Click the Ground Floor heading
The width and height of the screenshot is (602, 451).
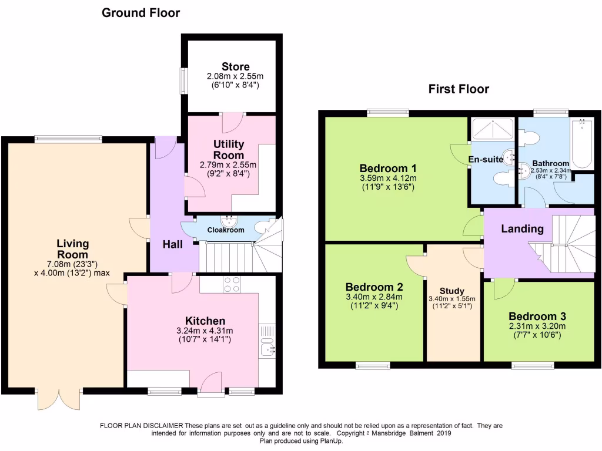(141, 12)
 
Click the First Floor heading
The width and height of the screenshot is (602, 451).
(459, 89)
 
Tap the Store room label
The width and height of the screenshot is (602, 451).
(235, 67)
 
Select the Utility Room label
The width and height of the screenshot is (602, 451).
(229, 150)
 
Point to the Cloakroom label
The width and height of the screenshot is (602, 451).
(226, 230)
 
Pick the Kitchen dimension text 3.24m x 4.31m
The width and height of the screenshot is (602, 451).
(205, 331)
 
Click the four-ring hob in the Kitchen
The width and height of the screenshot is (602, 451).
(232, 284)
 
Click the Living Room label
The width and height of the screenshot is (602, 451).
(73, 249)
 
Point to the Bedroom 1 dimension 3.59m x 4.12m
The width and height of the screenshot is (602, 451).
(388, 179)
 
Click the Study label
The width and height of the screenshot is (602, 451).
(452, 291)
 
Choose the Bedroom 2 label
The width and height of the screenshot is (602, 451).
(374, 287)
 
